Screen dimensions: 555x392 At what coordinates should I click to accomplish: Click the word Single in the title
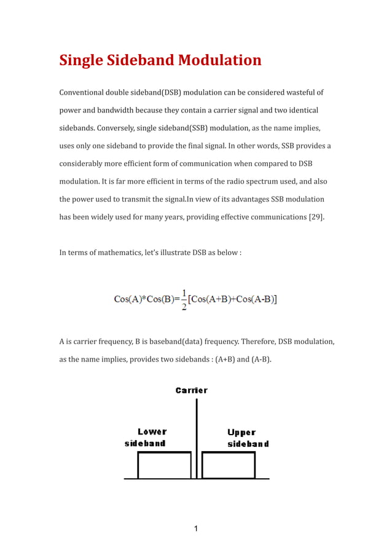(80, 61)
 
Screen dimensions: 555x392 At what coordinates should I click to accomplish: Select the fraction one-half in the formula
(184, 299)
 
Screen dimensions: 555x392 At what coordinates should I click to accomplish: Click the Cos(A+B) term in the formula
(212, 299)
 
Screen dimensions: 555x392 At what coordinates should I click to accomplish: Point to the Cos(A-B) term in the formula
(254, 299)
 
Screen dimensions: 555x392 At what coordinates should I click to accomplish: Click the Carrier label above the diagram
(192, 390)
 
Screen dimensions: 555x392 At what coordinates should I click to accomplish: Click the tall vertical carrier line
(197, 430)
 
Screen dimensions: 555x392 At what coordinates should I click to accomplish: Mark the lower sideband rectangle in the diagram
(164, 466)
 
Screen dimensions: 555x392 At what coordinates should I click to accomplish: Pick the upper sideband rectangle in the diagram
(229, 466)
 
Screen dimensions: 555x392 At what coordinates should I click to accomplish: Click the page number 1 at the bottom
(195, 529)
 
